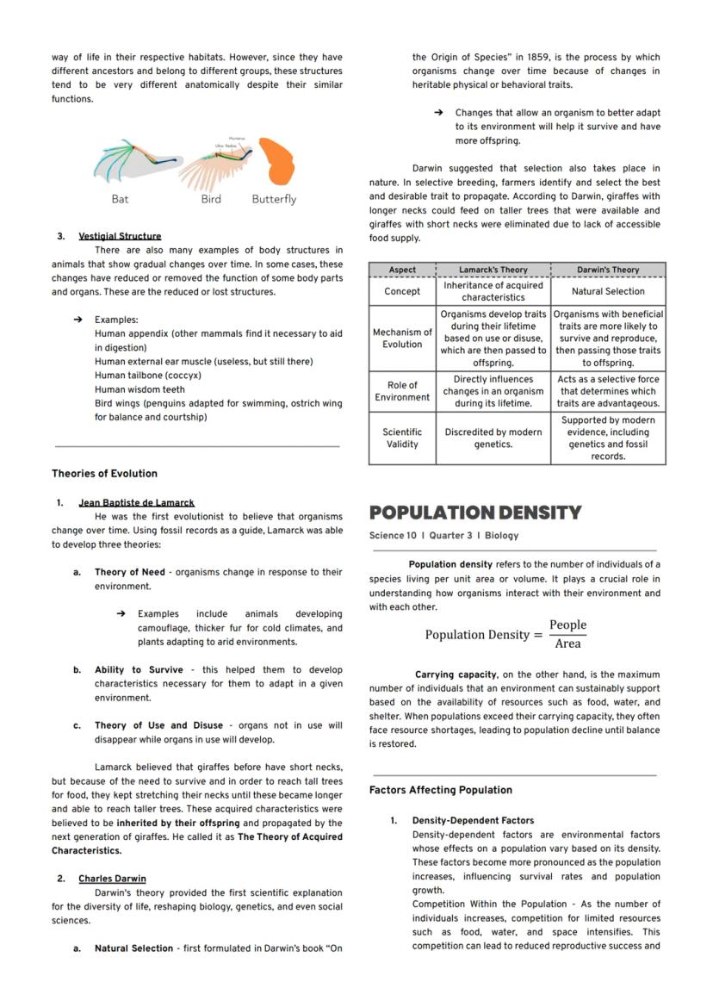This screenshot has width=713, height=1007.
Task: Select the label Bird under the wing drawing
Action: click(x=211, y=199)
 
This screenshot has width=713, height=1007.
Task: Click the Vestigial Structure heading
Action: click(x=120, y=236)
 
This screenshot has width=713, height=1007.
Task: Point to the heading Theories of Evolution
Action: click(x=104, y=474)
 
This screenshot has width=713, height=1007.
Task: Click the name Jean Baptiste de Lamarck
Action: click(x=136, y=502)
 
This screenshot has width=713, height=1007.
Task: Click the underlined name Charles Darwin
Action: click(x=112, y=879)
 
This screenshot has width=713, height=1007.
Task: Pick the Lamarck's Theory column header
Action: click(x=493, y=270)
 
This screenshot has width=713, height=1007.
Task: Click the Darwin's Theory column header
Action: click(x=608, y=270)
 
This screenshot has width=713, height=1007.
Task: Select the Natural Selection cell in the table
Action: click(x=608, y=291)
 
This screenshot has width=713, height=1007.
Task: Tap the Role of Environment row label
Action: click(x=402, y=391)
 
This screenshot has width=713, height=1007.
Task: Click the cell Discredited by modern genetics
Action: click(x=493, y=438)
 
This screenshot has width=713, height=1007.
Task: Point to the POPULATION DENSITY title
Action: click(x=475, y=513)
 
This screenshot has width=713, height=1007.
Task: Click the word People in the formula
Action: click(x=567, y=625)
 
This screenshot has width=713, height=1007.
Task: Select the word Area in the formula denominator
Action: click(x=567, y=643)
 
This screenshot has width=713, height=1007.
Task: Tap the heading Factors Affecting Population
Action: click(x=440, y=790)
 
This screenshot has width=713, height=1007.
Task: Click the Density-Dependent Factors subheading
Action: click(x=473, y=821)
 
